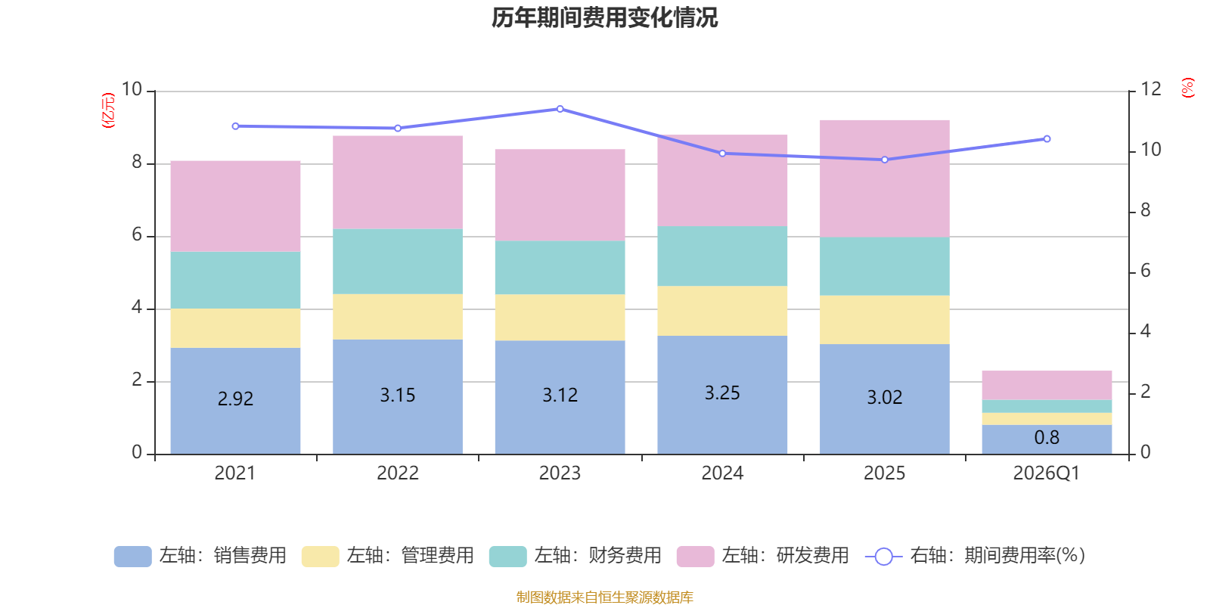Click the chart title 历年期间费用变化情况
[x=604, y=17]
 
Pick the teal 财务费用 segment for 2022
[x=398, y=262]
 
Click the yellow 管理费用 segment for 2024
[x=722, y=311]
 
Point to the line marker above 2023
[x=560, y=109]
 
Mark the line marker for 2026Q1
[x=1047, y=139]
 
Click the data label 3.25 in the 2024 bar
[x=722, y=393]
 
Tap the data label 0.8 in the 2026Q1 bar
[x=1047, y=438]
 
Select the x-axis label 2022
[x=398, y=473]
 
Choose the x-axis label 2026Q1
[x=1047, y=473]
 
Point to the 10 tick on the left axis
[x=132, y=89]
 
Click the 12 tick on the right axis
[x=1151, y=89]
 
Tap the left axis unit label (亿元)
[x=108, y=110]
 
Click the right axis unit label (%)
[x=1188, y=88]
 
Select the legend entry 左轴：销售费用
[x=201, y=556]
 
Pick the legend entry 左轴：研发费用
[x=764, y=556]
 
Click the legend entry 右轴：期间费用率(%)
[x=976, y=556]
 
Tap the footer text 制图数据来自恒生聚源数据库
[x=604, y=597]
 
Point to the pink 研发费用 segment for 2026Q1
[x=1047, y=385]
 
